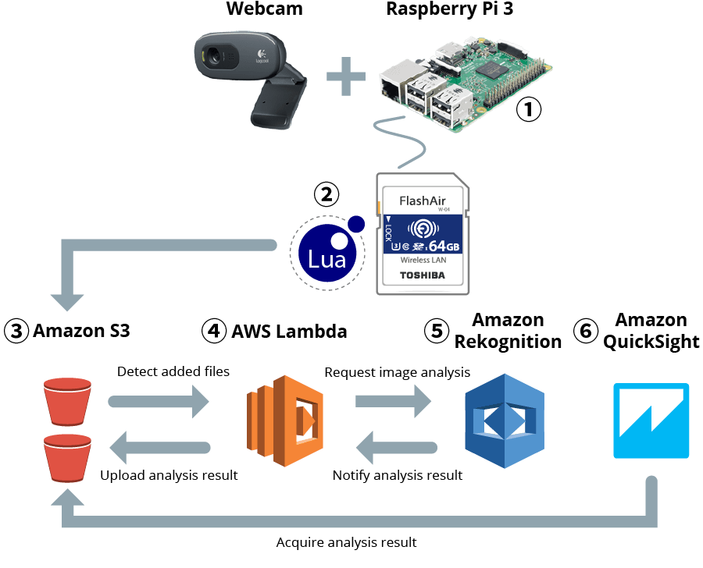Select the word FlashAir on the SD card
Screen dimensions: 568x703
(422, 201)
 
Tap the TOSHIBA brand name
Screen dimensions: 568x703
(422, 275)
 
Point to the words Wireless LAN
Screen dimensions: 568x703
(422, 261)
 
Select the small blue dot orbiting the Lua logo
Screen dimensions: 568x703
(356, 224)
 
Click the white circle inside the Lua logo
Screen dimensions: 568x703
(339, 239)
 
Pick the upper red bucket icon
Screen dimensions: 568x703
(68, 399)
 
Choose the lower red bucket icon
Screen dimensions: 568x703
(68, 457)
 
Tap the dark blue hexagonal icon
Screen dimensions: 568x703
(504, 421)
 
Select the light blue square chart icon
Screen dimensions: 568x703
(651, 421)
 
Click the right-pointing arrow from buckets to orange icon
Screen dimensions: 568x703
(159, 402)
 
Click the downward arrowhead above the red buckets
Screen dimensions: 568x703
(66, 301)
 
